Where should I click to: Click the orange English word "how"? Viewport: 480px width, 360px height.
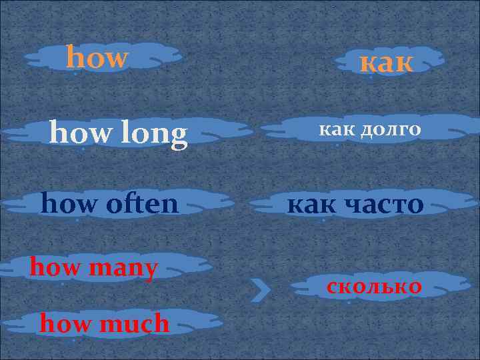97,58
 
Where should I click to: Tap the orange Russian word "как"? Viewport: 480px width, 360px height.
387,63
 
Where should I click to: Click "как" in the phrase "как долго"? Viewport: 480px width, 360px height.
339,129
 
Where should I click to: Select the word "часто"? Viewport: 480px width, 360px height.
384,204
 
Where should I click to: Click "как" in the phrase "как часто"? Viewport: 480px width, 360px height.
311,204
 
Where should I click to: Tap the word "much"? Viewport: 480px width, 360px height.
137,324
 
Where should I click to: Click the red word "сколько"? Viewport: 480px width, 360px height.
374,287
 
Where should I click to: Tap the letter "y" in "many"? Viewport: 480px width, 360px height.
151,271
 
